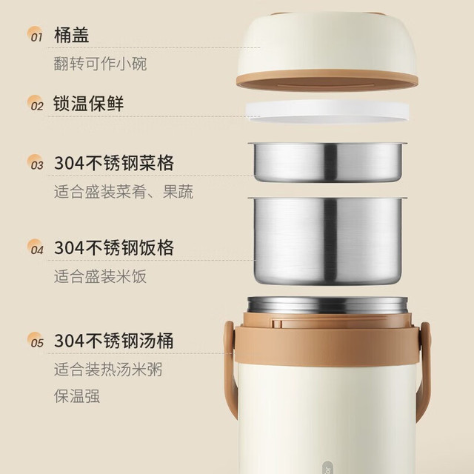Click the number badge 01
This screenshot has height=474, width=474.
[36, 34]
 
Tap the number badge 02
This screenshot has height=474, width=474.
[36, 103]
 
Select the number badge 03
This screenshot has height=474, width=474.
[36, 162]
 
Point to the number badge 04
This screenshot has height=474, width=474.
[36, 247]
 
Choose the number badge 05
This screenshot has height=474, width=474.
[36, 340]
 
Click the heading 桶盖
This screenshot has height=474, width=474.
[71, 35]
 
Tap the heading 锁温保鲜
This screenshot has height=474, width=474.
[89, 104]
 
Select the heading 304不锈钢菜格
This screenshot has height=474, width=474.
[114, 163]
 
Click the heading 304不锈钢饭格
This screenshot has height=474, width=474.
[114, 248]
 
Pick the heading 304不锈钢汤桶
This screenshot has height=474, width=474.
[114, 341]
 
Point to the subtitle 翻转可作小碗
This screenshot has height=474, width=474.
[101, 64]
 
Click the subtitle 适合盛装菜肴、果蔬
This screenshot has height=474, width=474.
[124, 192]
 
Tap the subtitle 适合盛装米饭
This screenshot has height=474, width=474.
[101, 276]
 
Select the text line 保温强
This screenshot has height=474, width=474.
[77, 396]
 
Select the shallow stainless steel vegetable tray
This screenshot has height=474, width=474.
[327, 162]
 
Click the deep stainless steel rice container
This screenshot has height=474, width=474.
[327, 241]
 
